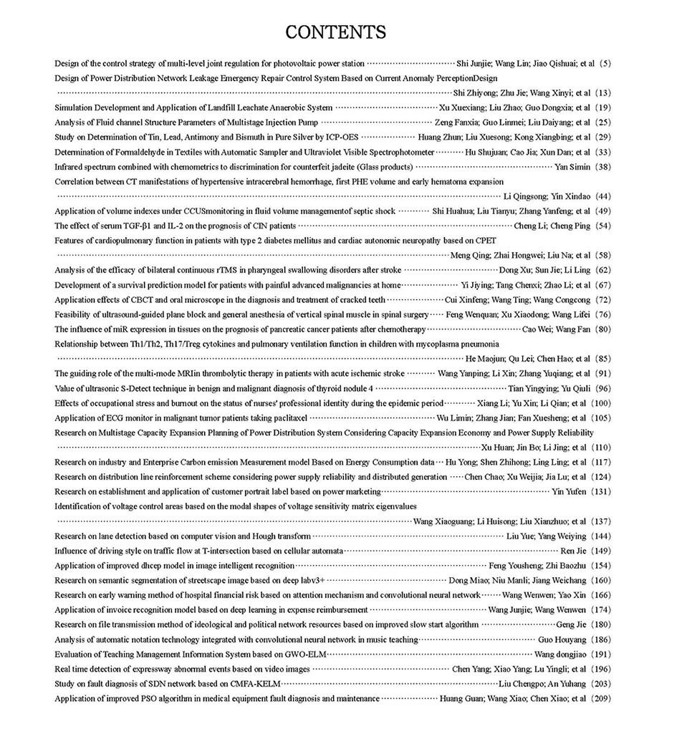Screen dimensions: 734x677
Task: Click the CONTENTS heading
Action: [x=335, y=32]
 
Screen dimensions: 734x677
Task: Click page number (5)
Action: [x=605, y=64]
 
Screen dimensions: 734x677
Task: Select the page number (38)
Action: [x=602, y=167]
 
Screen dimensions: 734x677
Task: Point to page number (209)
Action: [x=600, y=698]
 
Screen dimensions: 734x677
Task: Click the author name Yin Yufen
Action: [x=570, y=492]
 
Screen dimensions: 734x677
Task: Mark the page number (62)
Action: [x=602, y=270]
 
